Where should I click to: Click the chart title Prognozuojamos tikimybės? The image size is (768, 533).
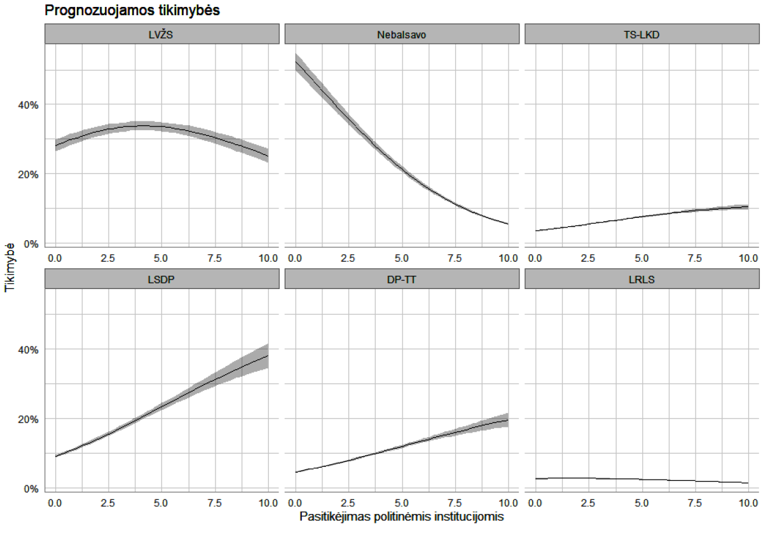tap(132, 11)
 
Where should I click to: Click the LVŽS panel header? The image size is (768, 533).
tap(162, 34)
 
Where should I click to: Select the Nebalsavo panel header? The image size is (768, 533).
tap(402, 34)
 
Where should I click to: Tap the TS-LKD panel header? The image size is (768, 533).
tap(642, 34)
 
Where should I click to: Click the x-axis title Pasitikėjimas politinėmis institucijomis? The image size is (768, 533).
tap(401, 517)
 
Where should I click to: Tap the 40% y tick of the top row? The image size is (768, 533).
tap(28, 104)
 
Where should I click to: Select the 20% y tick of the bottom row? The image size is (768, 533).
tap(28, 419)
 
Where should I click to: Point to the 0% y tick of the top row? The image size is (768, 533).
tap(31, 244)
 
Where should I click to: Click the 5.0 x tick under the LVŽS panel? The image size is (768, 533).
tap(161, 258)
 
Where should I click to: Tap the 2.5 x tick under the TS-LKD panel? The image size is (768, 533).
tap(588, 258)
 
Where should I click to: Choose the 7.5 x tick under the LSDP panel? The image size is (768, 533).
tap(215, 503)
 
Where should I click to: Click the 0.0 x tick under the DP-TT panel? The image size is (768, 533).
tap(296, 503)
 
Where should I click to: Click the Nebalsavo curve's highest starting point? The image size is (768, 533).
tap(296, 62)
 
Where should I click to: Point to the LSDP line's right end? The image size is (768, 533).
tap(268, 356)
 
